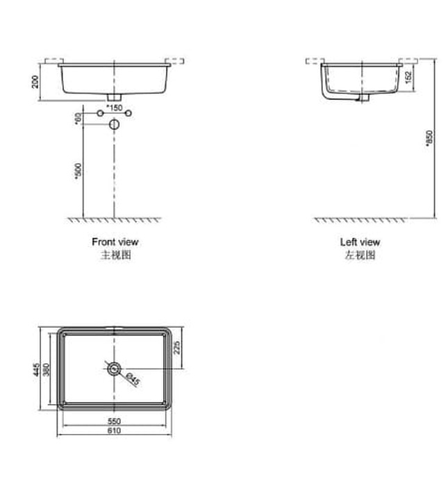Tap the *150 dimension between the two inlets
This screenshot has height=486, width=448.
(x=115, y=108)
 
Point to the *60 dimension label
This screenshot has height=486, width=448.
(x=78, y=118)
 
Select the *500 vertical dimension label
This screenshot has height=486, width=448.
(x=78, y=171)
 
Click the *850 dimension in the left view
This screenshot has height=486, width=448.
(x=429, y=138)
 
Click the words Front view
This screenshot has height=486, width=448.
(x=115, y=242)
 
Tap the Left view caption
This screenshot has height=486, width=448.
(x=360, y=242)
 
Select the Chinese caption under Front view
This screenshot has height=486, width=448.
(x=115, y=255)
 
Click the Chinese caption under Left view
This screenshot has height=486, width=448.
(x=360, y=255)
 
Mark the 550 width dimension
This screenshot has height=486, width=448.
(x=115, y=421)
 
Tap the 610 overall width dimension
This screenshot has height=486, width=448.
(x=115, y=431)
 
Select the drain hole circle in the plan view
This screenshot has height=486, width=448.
(x=115, y=368)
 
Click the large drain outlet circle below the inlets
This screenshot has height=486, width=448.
(x=115, y=124)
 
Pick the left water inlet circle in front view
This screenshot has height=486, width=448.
(x=100, y=112)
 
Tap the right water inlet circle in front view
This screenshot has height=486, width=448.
(x=129, y=112)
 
